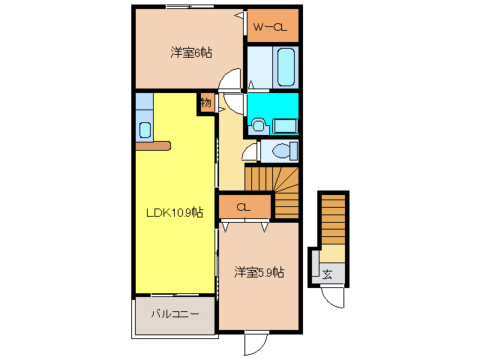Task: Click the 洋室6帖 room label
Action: [x=190, y=52]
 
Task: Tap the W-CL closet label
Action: [x=269, y=28]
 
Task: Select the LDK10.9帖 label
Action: [x=174, y=212]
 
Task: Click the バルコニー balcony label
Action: [x=175, y=313]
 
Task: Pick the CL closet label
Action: [x=243, y=207]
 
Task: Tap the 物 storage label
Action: [x=205, y=103]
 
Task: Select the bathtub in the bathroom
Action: [x=285, y=67]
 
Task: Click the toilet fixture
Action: [x=283, y=151]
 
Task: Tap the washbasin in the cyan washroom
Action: [x=258, y=124]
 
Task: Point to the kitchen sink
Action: [x=144, y=128]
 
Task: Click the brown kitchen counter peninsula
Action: [x=154, y=145]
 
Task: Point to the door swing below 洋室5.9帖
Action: [x=255, y=343]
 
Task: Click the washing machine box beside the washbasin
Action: [x=284, y=124]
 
